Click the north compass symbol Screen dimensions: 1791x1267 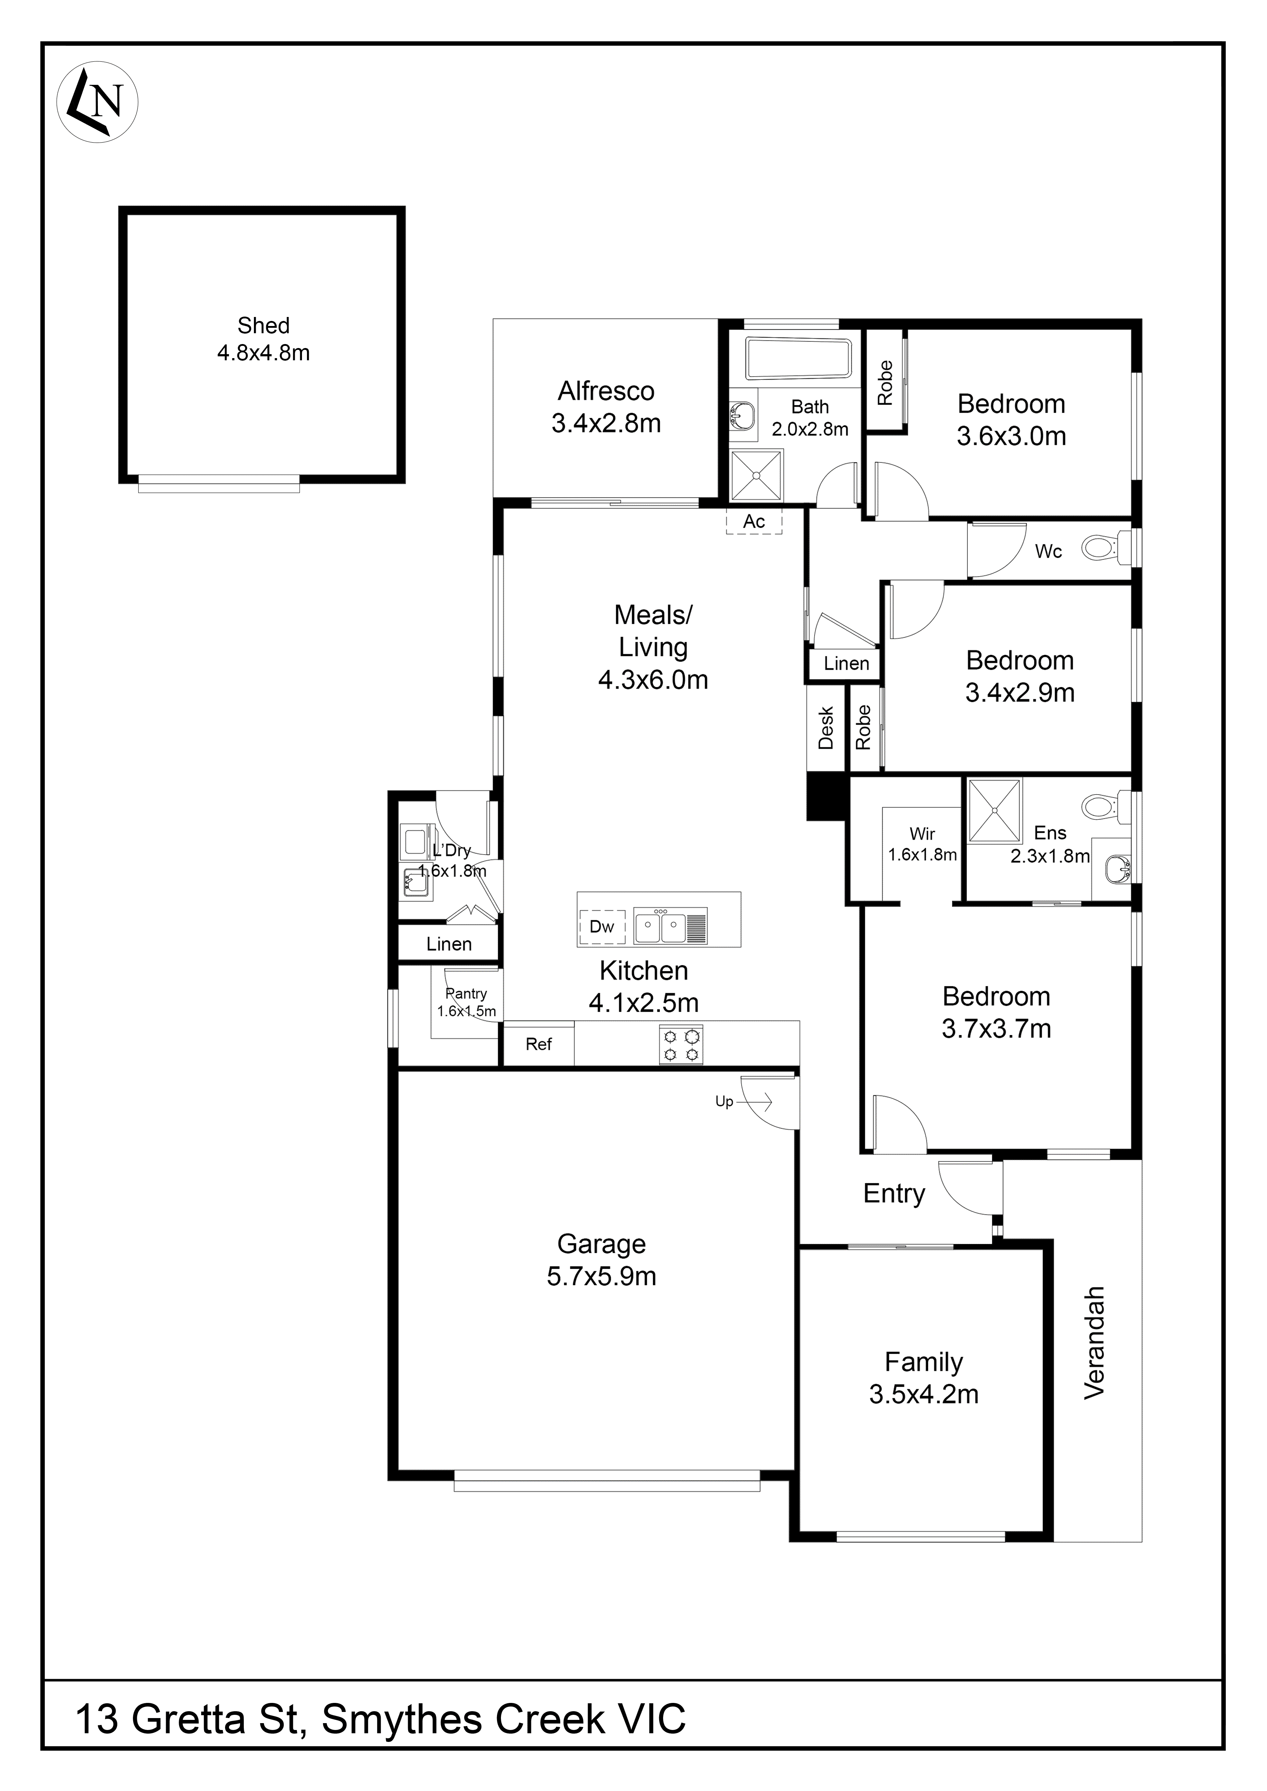pos(98,102)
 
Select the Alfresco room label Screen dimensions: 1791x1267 pos(606,391)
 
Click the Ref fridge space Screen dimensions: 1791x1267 pos(538,1044)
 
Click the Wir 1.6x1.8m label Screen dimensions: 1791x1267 pos(922,844)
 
